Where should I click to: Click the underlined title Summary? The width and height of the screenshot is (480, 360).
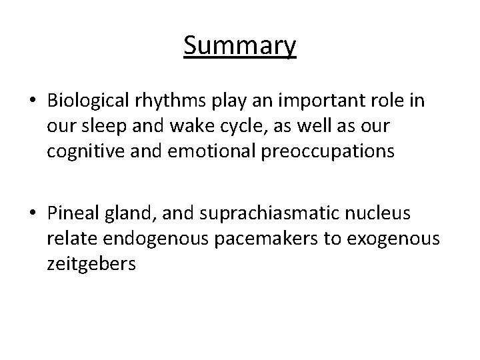point(240,47)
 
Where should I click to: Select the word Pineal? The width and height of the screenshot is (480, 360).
point(72,213)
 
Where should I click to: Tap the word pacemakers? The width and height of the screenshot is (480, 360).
point(267,239)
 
